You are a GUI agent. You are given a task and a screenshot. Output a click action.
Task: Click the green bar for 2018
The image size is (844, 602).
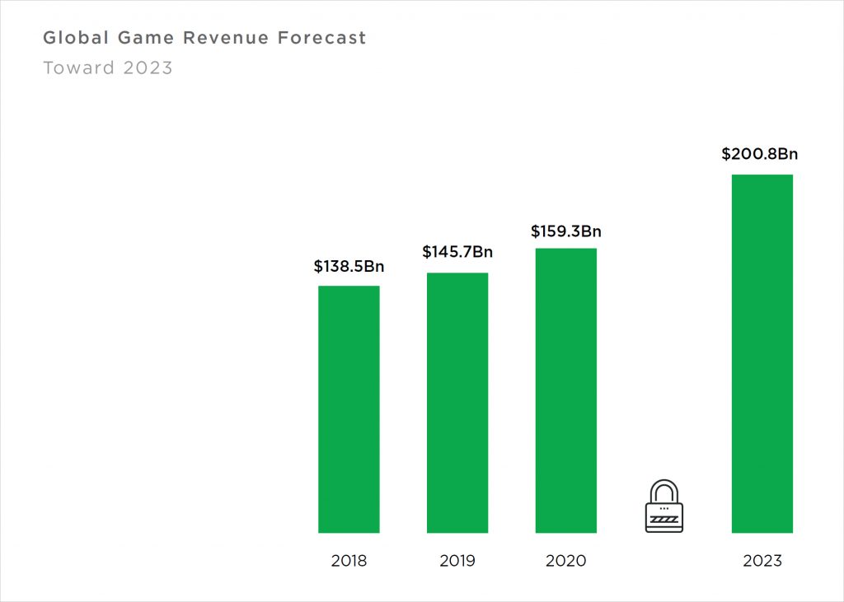[x=349, y=409]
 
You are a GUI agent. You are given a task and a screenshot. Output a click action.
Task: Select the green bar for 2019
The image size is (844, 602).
[x=457, y=403]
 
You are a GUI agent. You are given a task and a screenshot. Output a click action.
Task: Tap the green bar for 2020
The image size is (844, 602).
[x=565, y=390]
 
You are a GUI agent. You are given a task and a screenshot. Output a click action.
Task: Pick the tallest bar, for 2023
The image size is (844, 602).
[x=762, y=353]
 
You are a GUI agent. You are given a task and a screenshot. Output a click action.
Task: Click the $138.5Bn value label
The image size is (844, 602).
[x=349, y=267]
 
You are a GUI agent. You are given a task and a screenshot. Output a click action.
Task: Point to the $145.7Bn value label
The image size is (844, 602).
[x=457, y=251]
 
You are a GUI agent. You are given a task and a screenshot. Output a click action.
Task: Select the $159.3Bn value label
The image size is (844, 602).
[x=566, y=231]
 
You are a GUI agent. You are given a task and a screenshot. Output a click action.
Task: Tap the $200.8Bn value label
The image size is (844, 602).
[x=760, y=153]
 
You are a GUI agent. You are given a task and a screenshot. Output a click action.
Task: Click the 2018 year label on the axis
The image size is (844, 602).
[x=349, y=562]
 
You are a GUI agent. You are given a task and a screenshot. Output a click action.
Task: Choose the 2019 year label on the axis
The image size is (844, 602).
[x=457, y=562]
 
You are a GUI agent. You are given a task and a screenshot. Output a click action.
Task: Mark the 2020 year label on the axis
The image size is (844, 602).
[x=566, y=562]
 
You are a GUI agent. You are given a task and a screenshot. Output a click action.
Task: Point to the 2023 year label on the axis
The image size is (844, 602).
[x=762, y=562]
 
